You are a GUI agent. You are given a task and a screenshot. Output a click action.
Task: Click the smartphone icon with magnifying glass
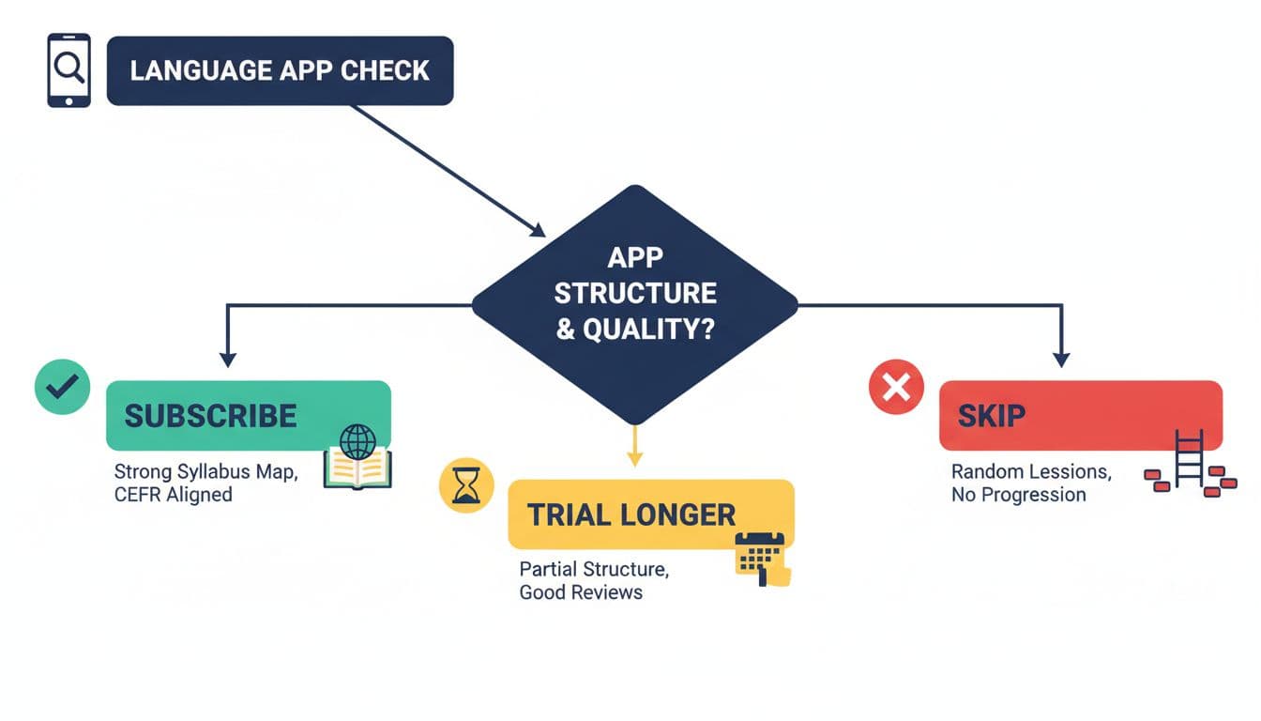point(68,70)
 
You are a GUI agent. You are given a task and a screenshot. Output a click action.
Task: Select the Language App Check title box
point(280,70)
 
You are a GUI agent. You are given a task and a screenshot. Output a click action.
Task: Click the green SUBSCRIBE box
point(248,416)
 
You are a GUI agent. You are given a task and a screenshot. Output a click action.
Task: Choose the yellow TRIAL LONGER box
point(650,514)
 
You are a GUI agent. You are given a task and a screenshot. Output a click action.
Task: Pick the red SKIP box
point(1080,415)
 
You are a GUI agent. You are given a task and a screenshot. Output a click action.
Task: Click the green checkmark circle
point(62,387)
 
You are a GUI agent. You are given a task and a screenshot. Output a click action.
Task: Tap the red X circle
point(896,388)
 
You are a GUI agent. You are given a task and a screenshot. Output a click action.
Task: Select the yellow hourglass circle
point(466,485)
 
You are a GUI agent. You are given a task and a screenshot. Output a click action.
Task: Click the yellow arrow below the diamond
point(635,446)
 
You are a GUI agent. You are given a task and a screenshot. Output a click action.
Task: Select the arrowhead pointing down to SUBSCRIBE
point(226,358)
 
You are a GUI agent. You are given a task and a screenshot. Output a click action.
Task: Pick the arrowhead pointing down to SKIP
point(1061,358)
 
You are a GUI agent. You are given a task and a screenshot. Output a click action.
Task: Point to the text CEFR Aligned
point(173,494)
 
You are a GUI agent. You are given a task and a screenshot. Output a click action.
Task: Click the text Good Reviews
point(581,592)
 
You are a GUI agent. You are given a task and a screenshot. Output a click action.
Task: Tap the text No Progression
point(1018,495)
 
